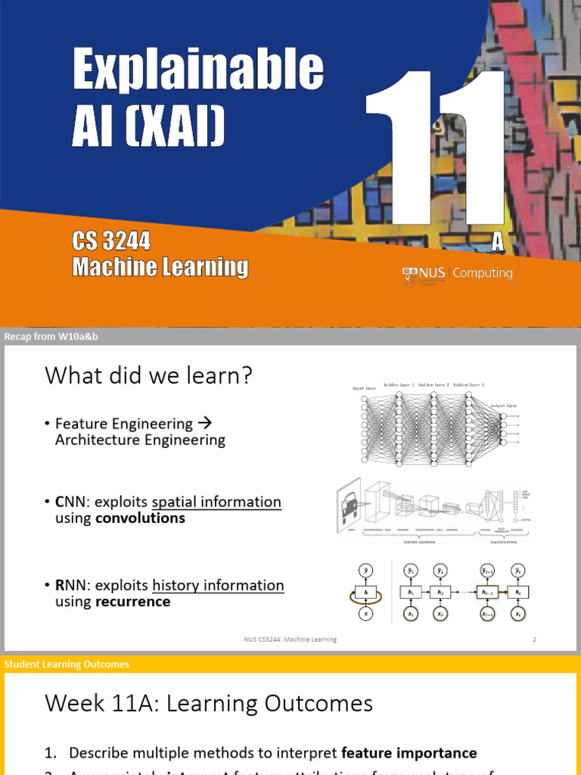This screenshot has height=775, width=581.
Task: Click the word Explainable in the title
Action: [x=197, y=70]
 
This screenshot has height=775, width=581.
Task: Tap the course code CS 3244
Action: [x=111, y=241]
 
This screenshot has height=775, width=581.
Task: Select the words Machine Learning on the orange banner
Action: [x=160, y=267]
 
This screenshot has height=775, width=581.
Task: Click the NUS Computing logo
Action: [x=457, y=274]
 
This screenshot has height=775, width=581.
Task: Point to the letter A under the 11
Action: [x=497, y=241]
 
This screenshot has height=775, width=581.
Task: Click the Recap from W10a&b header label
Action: [x=51, y=337]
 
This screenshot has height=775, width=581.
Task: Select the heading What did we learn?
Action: [x=148, y=375]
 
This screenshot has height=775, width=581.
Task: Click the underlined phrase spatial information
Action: [x=216, y=503]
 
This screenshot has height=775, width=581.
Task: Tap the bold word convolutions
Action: [x=140, y=518]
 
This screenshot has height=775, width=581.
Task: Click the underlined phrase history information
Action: [x=218, y=585]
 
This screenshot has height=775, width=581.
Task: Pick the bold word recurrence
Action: [x=132, y=602]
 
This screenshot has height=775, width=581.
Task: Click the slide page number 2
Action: [x=534, y=640]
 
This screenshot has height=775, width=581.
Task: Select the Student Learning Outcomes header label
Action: [x=67, y=665]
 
